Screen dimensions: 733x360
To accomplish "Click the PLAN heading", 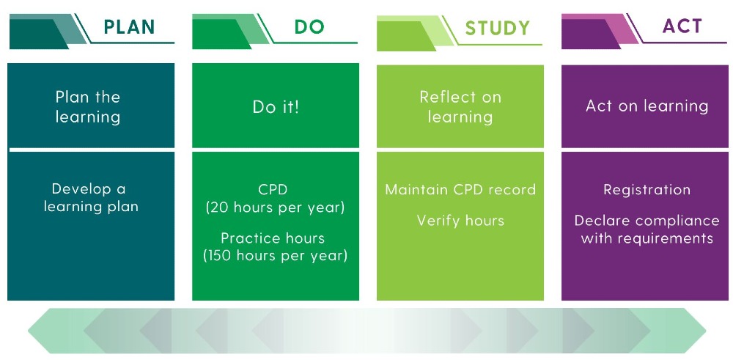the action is (129, 26).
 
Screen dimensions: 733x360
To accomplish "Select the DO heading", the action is (309, 26).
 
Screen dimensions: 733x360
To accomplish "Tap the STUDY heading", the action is (498, 28).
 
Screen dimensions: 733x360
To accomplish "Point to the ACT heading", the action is (682, 26).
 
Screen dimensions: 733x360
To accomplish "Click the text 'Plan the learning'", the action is (88, 106).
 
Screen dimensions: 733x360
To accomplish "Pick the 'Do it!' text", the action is (276, 107).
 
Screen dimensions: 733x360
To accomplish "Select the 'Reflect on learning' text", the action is (460, 106).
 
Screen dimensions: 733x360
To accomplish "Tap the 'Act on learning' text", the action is (647, 106).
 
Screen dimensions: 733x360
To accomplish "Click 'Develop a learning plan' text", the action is (91, 198).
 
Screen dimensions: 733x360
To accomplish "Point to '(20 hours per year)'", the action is (276, 207).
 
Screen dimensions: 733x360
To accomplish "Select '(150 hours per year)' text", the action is (276, 256).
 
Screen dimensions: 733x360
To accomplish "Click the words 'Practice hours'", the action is (273, 238).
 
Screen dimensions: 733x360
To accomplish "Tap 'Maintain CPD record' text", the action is (460, 189).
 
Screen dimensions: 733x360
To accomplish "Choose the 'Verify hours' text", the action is (460, 220).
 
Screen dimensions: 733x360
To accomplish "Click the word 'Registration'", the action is (647, 190).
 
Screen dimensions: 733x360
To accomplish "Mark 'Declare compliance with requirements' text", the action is (647, 229).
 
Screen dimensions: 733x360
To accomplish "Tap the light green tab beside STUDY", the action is (411, 33).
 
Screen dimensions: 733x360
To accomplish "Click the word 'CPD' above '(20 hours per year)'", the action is (273, 190).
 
